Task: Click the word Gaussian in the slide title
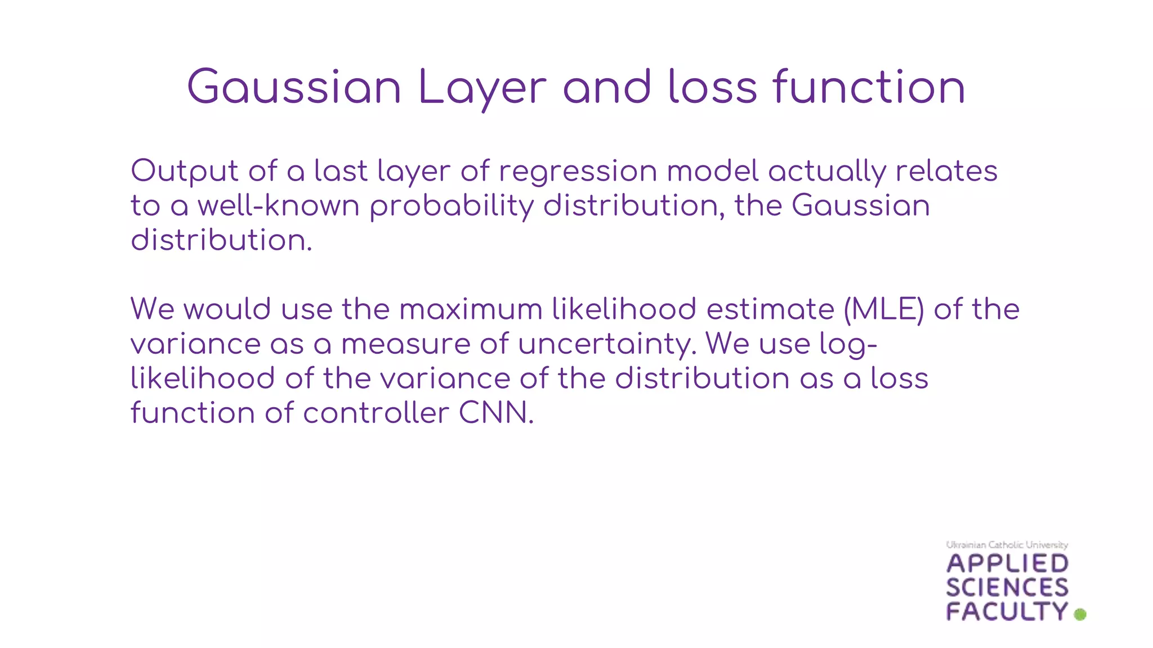(x=294, y=87)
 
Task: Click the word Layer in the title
(x=482, y=87)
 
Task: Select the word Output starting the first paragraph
(x=185, y=171)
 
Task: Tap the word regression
(x=578, y=171)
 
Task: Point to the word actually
(x=827, y=171)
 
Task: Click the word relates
(x=946, y=171)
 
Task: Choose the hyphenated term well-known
(x=279, y=205)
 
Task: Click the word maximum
(x=471, y=309)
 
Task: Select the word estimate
(x=770, y=309)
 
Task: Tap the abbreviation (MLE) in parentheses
(x=884, y=309)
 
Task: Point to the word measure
(x=405, y=344)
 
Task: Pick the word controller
(x=376, y=413)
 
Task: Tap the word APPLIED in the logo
(x=1007, y=564)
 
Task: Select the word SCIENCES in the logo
(x=1007, y=588)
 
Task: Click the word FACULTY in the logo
(x=1007, y=611)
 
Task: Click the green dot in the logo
(x=1080, y=614)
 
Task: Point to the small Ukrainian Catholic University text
(x=1007, y=544)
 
